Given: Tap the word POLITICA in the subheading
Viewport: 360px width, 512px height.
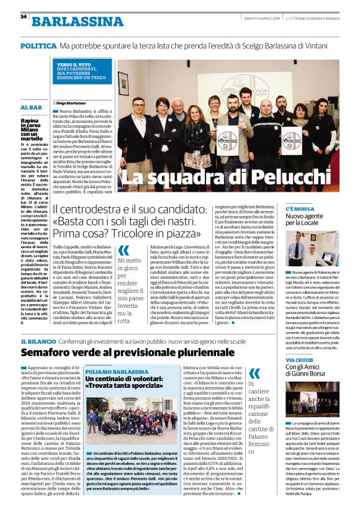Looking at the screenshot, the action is point(38,47).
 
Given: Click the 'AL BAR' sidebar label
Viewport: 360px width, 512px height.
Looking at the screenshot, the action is point(31,107).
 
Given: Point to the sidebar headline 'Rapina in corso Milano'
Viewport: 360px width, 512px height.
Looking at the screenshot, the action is point(31,129).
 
